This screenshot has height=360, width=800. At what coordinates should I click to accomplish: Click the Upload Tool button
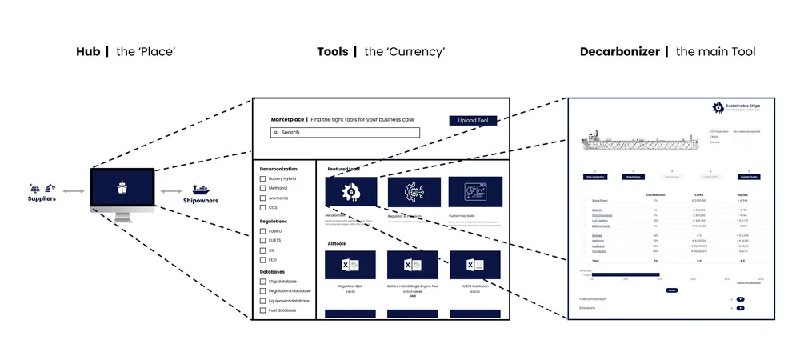[x=473, y=121]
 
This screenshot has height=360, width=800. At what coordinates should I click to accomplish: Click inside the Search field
[x=345, y=132]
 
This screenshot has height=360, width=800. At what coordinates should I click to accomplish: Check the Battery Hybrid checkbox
[x=262, y=178]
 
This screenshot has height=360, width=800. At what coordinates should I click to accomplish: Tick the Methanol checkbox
[x=262, y=188]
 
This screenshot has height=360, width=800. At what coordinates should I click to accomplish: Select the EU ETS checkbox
[x=262, y=241]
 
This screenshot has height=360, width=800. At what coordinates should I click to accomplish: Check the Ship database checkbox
[x=262, y=281]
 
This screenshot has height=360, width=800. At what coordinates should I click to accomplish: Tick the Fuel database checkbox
[x=262, y=310]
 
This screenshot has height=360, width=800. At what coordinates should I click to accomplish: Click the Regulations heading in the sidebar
[x=274, y=221]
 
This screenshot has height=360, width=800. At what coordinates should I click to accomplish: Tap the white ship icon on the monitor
[x=122, y=190]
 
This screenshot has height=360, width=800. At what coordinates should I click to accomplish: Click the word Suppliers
[x=43, y=198]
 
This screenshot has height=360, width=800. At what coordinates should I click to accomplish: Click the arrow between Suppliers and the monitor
[x=74, y=191]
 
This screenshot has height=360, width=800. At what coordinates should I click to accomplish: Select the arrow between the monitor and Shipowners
[x=170, y=191]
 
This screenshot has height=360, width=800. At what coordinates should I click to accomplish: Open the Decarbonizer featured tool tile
[x=350, y=192]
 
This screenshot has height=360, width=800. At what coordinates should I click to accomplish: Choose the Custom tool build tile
[x=474, y=192]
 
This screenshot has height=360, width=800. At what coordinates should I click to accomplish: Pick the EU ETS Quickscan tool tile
[x=474, y=266]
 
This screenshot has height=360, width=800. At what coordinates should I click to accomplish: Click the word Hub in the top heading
[x=88, y=52]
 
